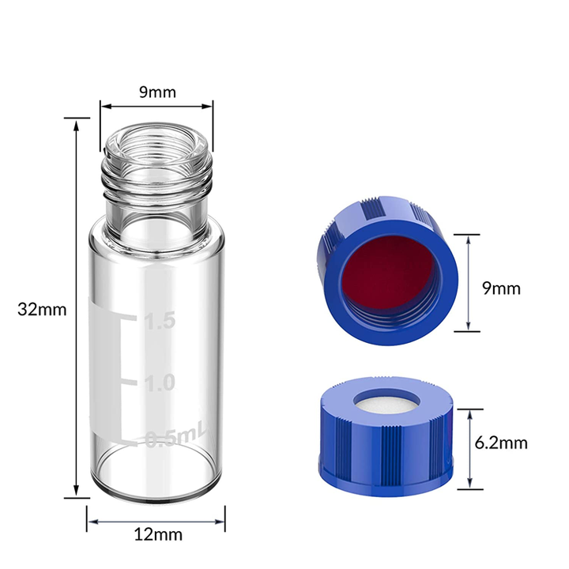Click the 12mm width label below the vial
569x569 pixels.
click(x=157, y=534)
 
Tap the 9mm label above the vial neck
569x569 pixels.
click(x=157, y=92)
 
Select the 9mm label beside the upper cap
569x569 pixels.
click(x=501, y=288)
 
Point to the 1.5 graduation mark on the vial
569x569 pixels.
click(x=157, y=322)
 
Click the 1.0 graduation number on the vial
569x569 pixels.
click(x=159, y=383)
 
